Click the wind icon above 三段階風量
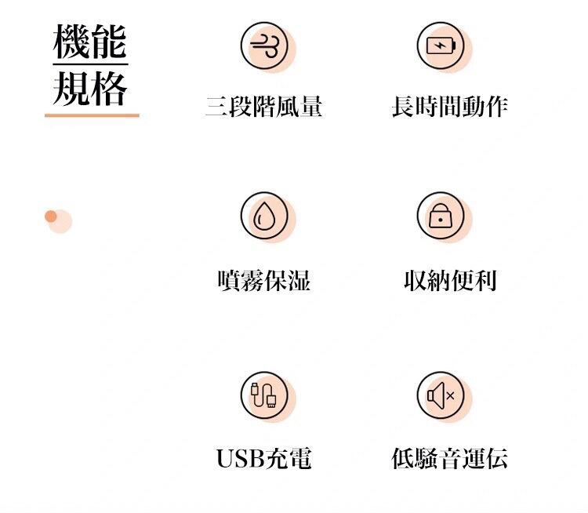(265, 45)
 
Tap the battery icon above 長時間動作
(441, 45)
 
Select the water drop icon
(264, 216)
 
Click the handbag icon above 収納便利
(441, 216)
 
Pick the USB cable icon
(264, 395)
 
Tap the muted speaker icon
(441, 395)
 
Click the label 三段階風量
(264, 107)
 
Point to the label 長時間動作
(450, 107)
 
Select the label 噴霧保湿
(264, 280)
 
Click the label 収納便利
(450, 280)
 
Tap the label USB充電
(264, 458)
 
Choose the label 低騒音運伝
(450, 458)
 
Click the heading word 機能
(90, 42)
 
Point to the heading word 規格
(90, 89)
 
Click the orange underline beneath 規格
(92, 115)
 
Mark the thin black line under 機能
(90, 64)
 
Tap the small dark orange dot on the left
(51, 216)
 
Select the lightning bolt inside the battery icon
(440, 45)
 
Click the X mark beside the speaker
(450, 395)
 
